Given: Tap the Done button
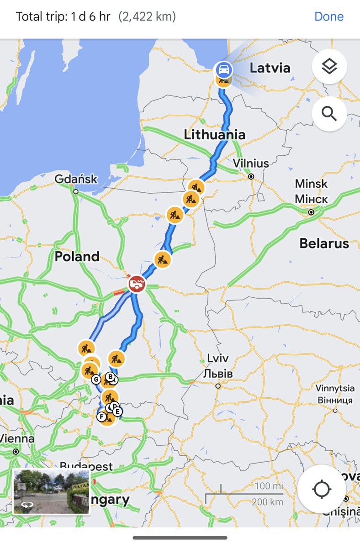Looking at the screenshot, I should (x=328, y=17).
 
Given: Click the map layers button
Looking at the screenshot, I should (x=329, y=67).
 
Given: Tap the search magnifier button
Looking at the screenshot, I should (x=329, y=114).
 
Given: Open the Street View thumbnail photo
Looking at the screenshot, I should (x=51, y=491).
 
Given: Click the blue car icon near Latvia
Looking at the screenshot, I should (x=223, y=70).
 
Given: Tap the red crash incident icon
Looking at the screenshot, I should (x=136, y=284).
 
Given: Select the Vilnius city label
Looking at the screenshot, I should (x=251, y=163).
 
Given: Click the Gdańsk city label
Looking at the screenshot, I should (x=76, y=179).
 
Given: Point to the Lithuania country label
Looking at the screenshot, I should (x=214, y=135).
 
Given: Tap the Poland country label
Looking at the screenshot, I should (x=77, y=257).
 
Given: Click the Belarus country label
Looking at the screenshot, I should (x=324, y=243).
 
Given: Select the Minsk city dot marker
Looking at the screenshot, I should (x=311, y=212).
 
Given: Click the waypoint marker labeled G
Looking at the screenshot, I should (x=96, y=379).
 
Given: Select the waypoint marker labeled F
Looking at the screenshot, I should (x=101, y=416).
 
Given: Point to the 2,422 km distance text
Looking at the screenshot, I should (x=147, y=17).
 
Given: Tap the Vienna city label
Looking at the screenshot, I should (x=17, y=439).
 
